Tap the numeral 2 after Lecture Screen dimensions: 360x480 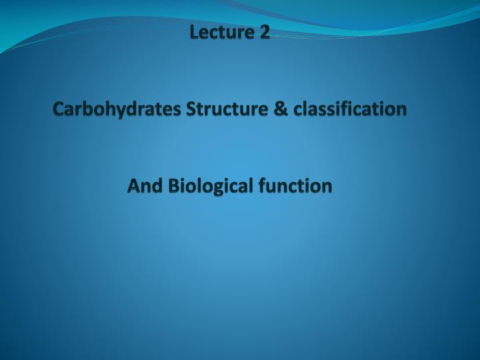click(x=265, y=31)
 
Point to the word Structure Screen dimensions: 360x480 click(x=227, y=108)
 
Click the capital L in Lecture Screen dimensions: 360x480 click(x=195, y=31)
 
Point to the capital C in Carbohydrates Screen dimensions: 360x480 click(x=59, y=108)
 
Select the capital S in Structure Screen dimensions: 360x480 click(x=192, y=108)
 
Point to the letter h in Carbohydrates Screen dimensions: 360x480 click(x=107, y=107)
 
